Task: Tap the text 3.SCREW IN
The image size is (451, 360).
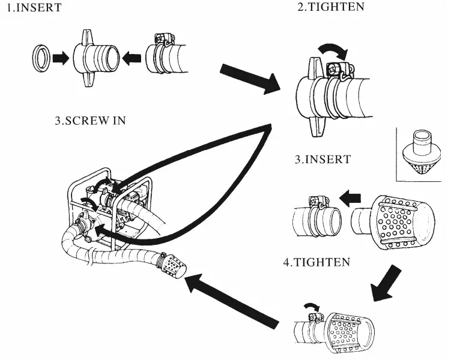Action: click(x=90, y=120)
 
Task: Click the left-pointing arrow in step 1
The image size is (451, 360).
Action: click(x=132, y=58)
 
